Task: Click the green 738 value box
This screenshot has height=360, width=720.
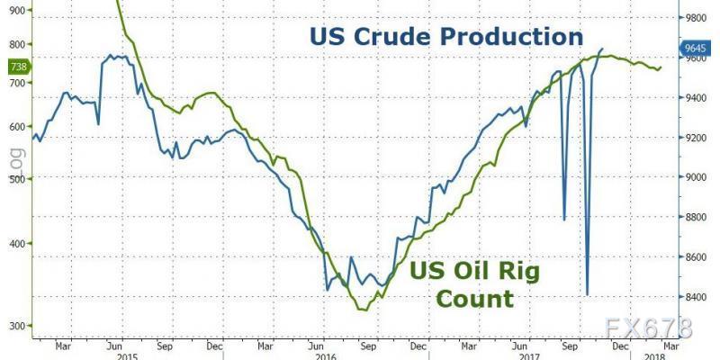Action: pos(17,67)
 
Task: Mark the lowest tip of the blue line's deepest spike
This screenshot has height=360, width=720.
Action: pos(587,294)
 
